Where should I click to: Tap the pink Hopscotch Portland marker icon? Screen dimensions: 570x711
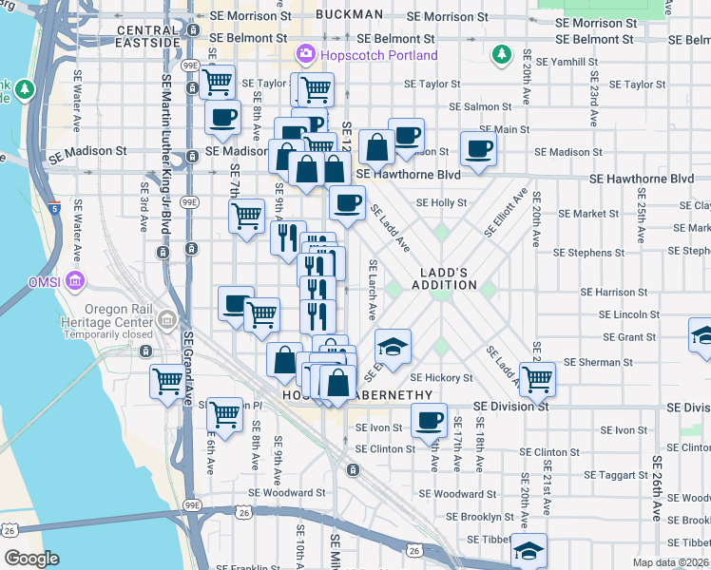(x=305, y=54)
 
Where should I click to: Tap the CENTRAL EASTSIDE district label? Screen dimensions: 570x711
(x=147, y=37)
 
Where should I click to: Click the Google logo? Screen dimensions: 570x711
(x=31, y=559)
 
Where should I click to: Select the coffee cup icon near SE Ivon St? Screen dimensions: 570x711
(x=429, y=418)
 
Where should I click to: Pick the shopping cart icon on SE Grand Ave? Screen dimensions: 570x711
(x=168, y=382)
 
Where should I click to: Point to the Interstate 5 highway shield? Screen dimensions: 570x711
(x=54, y=207)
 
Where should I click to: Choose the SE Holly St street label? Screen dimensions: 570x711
(x=442, y=202)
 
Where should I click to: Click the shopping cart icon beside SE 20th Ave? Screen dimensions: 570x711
(x=537, y=378)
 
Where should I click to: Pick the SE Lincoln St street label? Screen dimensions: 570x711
(x=628, y=314)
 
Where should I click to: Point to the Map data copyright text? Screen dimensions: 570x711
(x=670, y=562)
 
